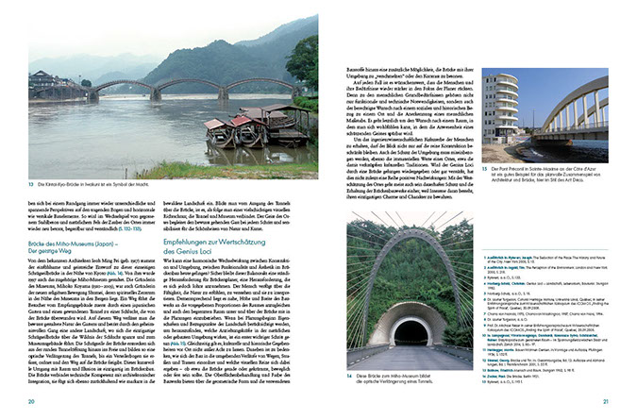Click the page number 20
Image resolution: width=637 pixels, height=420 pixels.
click(31, 402)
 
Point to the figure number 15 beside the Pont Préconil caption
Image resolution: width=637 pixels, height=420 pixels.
click(485, 168)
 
